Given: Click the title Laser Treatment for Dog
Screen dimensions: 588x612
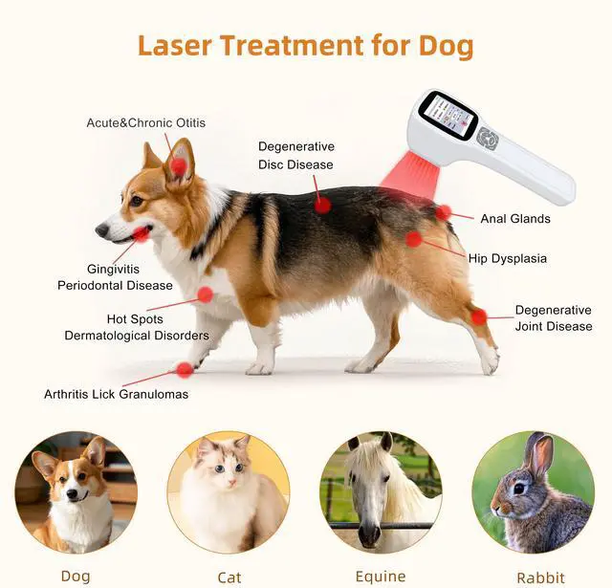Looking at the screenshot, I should pyautogui.click(x=305, y=44).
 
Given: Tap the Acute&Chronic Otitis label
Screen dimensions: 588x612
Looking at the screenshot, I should pyautogui.click(x=145, y=122).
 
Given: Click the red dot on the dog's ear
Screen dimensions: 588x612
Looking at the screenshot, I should pyautogui.click(x=179, y=166).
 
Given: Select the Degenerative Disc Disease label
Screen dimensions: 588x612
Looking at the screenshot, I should pyautogui.click(x=295, y=155).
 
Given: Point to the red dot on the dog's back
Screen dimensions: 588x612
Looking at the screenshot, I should pyautogui.click(x=323, y=204).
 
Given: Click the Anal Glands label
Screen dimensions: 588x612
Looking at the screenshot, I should pyautogui.click(x=514, y=219).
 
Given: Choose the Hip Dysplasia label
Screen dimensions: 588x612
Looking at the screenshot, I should pyautogui.click(x=507, y=258).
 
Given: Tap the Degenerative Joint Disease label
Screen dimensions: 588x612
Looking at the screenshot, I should pyautogui.click(x=553, y=318).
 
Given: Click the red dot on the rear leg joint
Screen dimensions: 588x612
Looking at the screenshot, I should pyautogui.click(x=478, y=316).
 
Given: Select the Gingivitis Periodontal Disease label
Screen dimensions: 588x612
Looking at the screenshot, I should pyautogui.click(x=115, y=277).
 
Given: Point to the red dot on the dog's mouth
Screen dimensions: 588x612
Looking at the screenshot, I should pyautogui.click(x=141, y=233).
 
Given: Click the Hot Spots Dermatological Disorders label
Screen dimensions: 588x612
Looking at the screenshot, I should pyautogui.click(x=136, y=327).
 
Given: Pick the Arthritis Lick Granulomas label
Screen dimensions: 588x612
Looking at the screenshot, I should pyautogui.click(x=116, y=394).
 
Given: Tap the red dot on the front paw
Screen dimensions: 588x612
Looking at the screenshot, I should pyautogui.click(x=185, y=369).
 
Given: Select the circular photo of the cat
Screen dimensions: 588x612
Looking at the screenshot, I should pyautogui.click(x=229, y=491).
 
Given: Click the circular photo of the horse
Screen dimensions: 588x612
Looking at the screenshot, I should pyautogui.click(x=381, y=491).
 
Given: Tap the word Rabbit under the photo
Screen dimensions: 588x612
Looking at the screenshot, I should pyautogui.click(x=540, y=577).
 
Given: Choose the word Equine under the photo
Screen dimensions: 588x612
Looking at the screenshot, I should pyautogui.click(x=380, y=577).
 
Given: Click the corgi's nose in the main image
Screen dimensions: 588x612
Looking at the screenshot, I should pyautogui.click(x=100, y=230).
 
